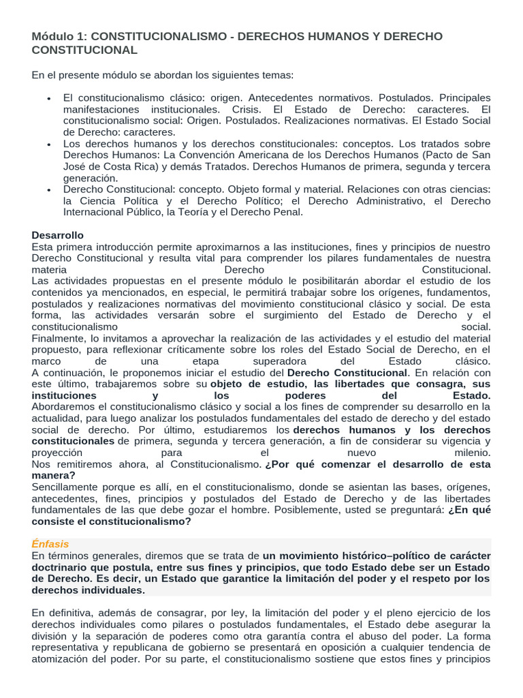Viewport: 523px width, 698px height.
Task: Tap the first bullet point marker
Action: pyautogui.click(x=50, y=100)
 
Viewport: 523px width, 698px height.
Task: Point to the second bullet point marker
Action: pyautogui.click(x=50, y=145)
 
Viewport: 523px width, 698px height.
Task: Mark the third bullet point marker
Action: pyautogui.click(x=50, y=189)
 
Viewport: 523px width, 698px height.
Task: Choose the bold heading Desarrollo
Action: pyautogui.click(x=57, y=234)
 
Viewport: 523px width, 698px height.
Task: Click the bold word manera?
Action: pyautogui.click(x=53, y=475)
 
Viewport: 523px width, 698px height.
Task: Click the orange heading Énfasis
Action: pyautogui.click(x=50, y=544)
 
